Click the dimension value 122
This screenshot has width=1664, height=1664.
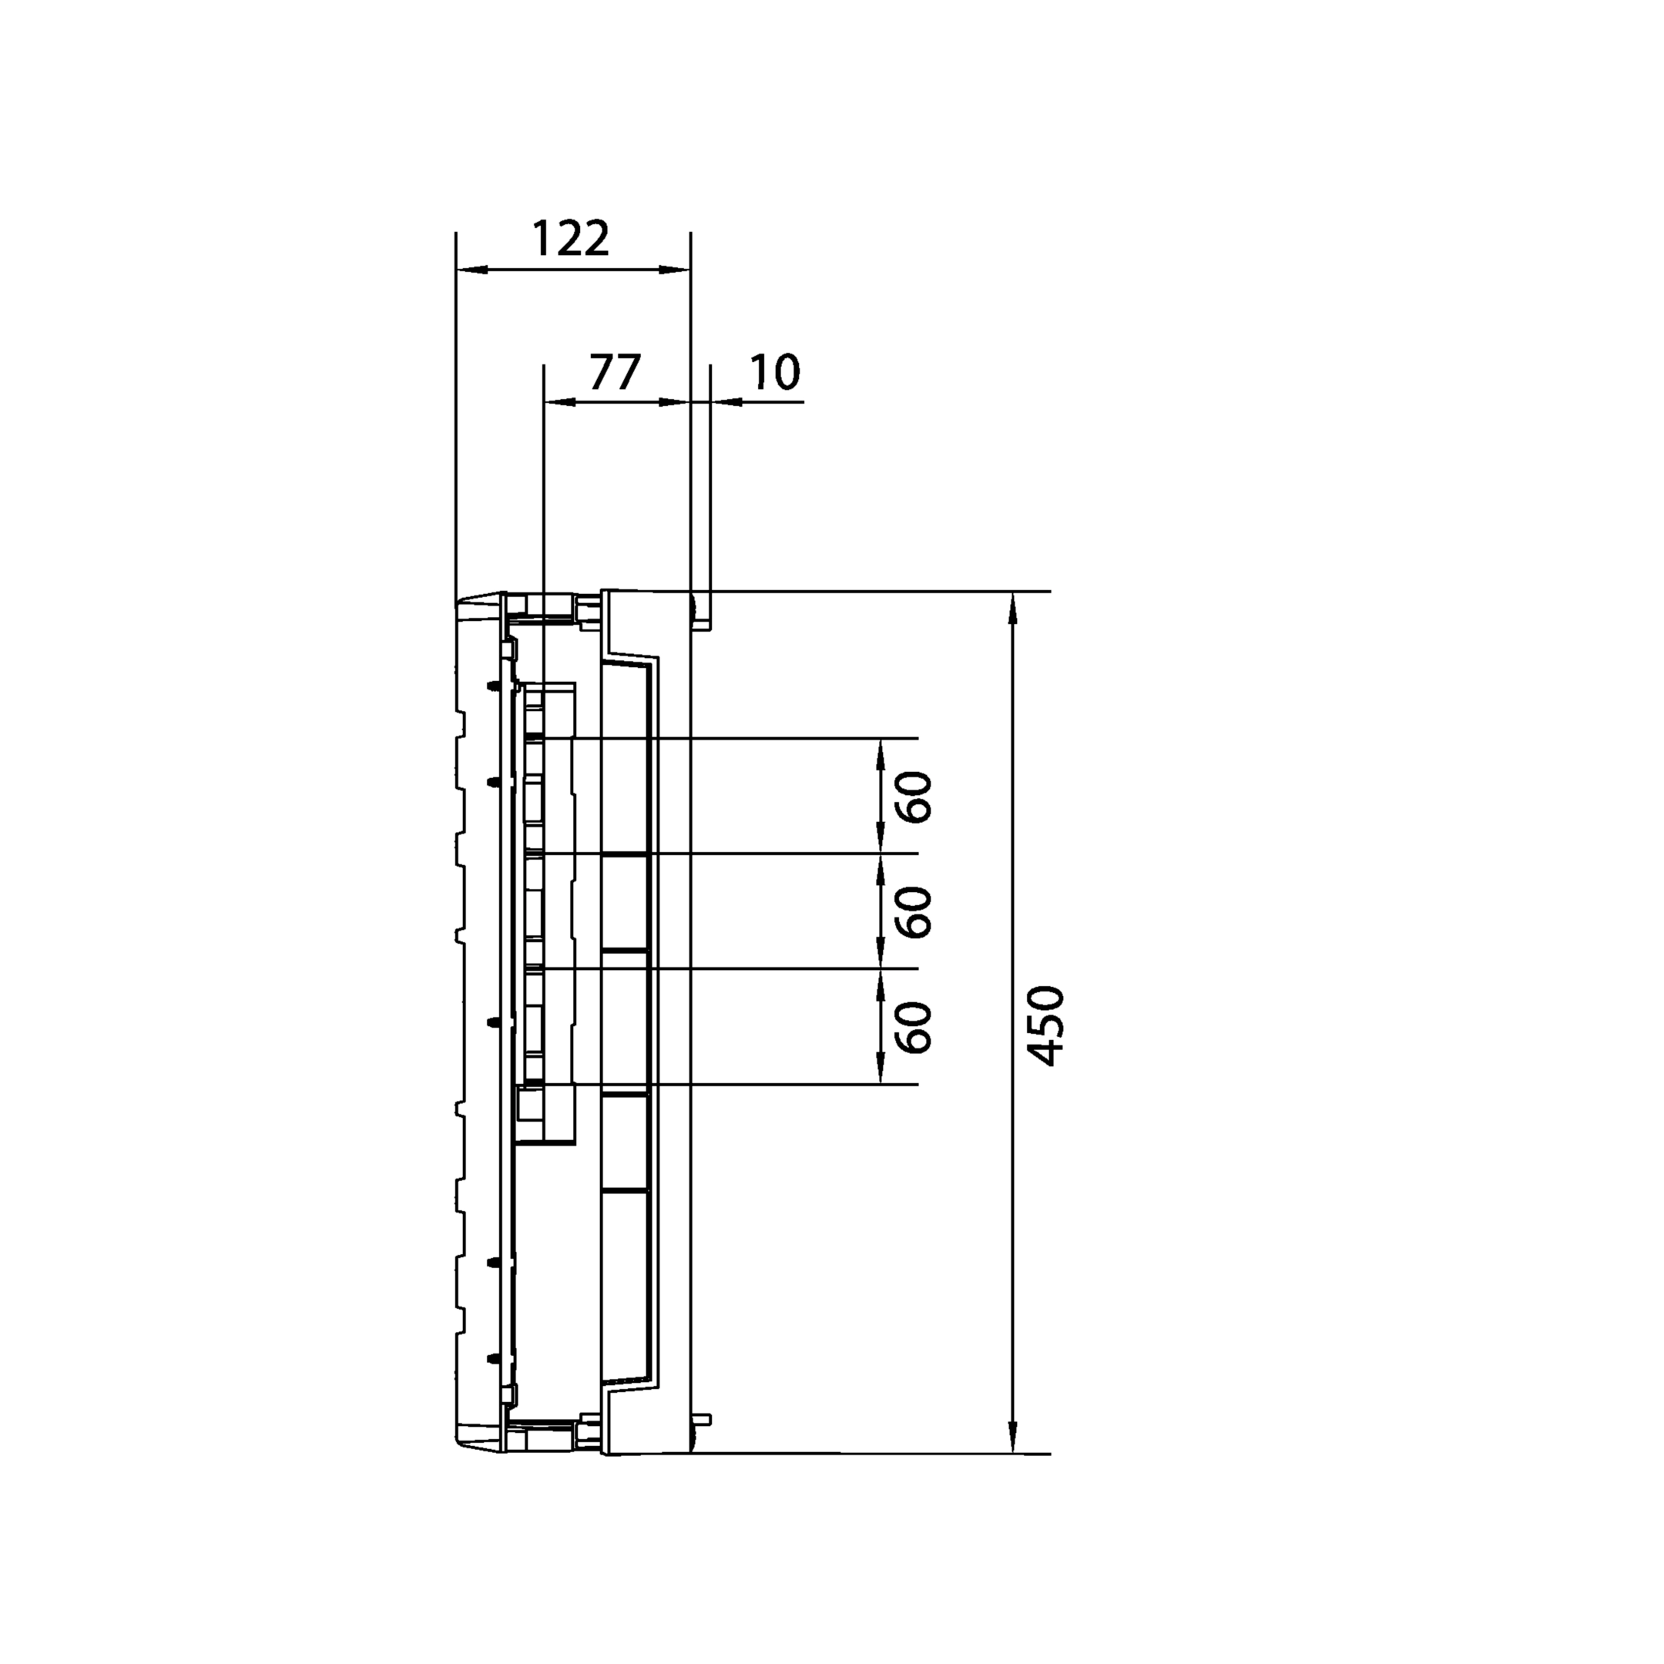570,239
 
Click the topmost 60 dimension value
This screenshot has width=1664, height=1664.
914,797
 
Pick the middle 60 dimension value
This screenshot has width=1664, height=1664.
914,912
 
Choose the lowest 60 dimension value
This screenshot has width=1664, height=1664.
914,1028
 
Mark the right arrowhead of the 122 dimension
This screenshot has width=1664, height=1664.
676,270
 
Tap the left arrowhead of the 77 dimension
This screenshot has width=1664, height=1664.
560,401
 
